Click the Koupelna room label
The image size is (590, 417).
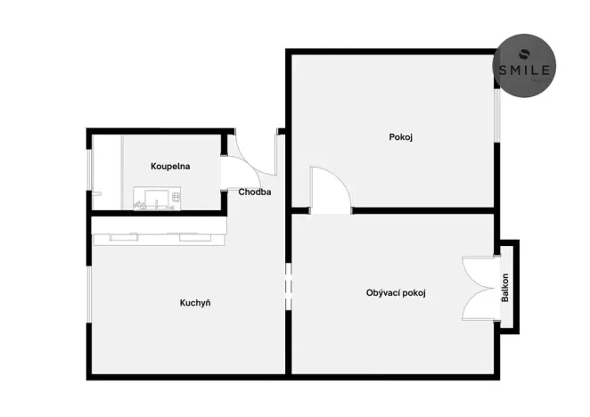(169, 166)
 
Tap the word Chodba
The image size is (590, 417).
(255, 192)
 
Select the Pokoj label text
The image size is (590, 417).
(401, 137)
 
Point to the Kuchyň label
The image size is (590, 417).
(195, 303)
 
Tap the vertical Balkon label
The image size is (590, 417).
(505, 287)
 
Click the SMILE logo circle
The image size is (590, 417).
(526, 66)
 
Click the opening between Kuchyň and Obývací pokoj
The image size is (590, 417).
(287, 287)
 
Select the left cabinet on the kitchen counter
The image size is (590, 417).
(119, 237)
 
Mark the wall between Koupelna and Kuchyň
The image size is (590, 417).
(156, 214)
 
